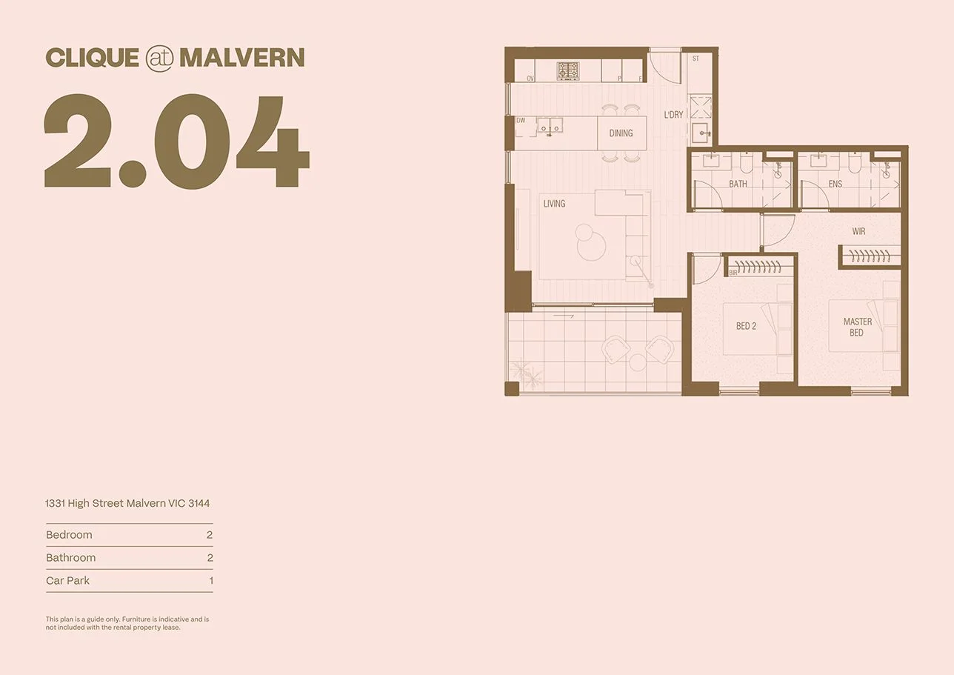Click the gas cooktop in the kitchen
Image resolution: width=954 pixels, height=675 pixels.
568,70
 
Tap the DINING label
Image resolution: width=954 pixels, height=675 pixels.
621,133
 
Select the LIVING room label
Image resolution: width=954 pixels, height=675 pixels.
554,203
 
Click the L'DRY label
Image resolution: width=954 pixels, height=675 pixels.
673,115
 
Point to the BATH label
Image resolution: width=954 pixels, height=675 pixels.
738,184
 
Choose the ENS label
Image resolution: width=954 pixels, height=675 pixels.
835,184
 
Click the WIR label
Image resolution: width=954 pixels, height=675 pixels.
858,231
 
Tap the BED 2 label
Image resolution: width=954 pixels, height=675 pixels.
746,326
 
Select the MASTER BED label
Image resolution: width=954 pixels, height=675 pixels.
857,327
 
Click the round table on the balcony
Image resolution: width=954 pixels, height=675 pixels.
638,362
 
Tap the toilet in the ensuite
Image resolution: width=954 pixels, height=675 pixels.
855,164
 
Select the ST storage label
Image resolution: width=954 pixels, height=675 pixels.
696,58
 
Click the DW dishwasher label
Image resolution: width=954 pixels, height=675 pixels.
521,120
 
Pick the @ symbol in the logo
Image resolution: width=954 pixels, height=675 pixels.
159,59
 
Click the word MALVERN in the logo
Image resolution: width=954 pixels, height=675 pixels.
241,58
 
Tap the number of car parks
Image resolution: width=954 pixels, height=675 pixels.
210,581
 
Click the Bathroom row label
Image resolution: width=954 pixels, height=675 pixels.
70,558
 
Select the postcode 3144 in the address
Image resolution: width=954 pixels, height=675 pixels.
199,503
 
